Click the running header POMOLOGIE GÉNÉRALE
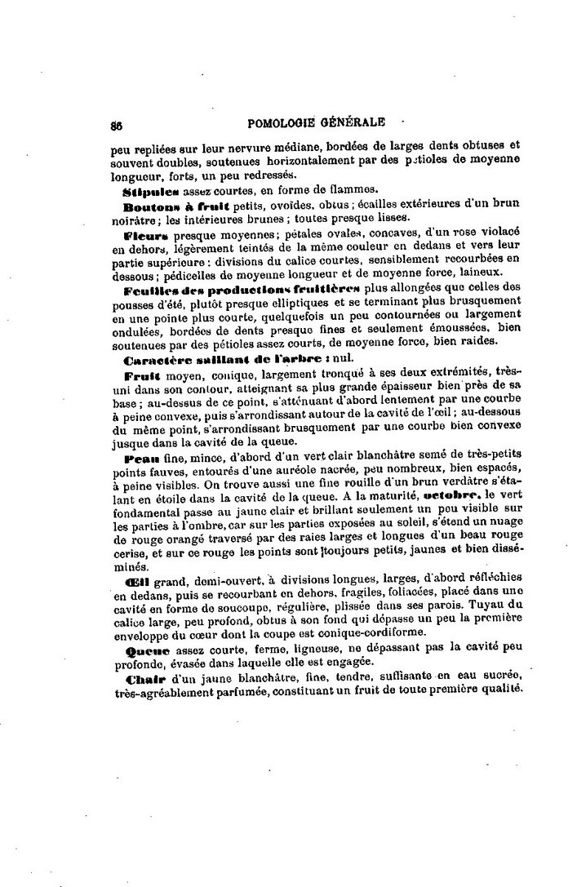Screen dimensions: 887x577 click(314, 123)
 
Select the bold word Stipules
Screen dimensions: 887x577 click(151, 189)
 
